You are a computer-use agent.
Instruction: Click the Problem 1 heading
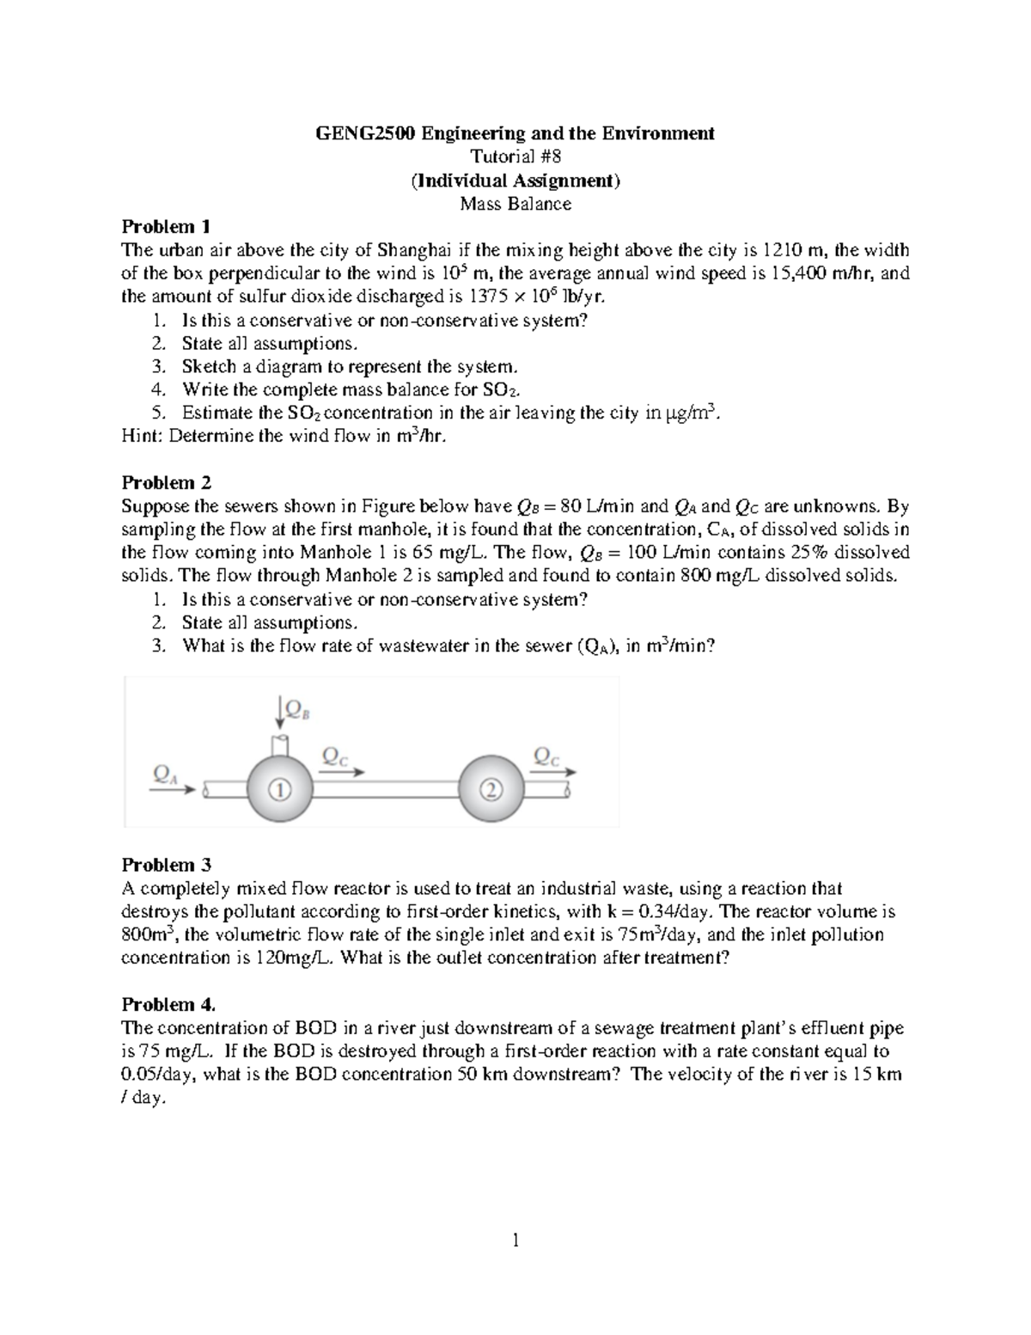166,227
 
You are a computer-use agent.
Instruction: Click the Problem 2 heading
166,482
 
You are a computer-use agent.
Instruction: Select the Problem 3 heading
166,865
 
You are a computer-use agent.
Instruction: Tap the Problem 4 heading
168,1004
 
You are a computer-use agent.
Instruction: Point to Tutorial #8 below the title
515,156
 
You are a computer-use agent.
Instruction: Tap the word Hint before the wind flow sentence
141,436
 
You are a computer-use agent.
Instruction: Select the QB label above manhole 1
295,707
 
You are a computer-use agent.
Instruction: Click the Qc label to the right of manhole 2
546,756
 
